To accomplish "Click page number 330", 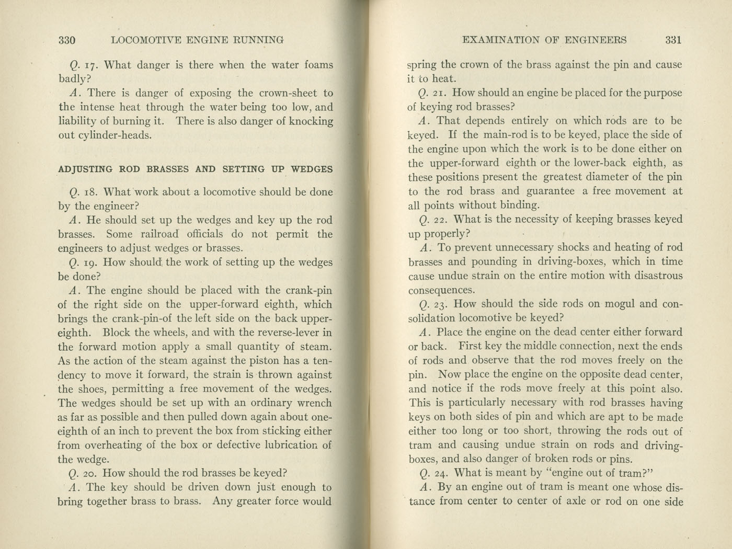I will (x=67, y=40).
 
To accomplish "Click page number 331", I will (x=673, y=40).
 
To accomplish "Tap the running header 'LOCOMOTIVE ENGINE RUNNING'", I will (x=198, y=40).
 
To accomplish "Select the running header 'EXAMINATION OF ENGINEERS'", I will (x=545, y=40).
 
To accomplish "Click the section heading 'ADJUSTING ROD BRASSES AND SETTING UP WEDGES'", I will (x=195, y=169).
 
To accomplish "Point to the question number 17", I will (x=90, y=66).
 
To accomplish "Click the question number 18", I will (x=89, y=192).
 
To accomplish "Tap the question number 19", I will (x=90, y=263).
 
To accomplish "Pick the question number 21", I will (x=439, y=94).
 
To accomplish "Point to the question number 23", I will (x=440, y=304).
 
